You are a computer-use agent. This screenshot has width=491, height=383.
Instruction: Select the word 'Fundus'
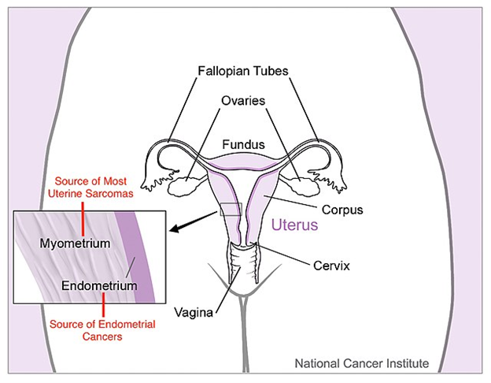243,145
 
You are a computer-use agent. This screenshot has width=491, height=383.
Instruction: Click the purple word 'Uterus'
294,225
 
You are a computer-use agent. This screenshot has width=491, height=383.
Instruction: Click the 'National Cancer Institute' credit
361,364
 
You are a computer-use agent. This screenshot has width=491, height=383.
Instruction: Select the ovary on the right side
301,188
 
